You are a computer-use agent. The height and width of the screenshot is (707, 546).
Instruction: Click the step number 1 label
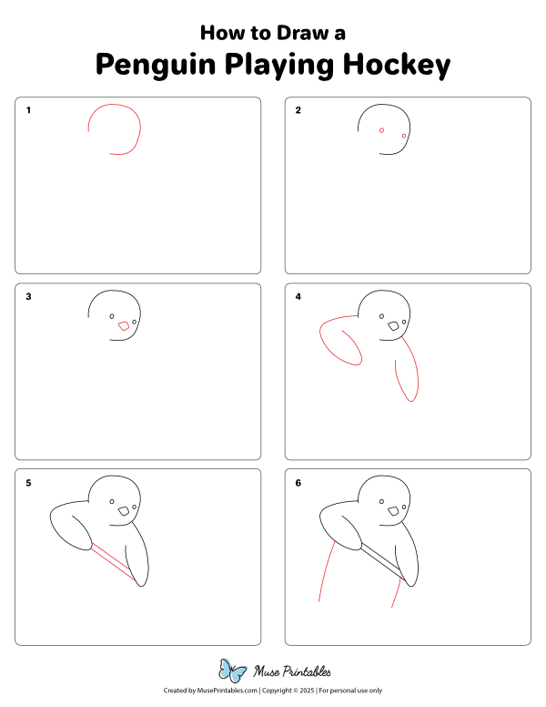tap(29, 111)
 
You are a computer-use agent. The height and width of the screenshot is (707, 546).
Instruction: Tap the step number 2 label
tap(298, 111)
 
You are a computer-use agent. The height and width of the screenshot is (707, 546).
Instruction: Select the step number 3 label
tap(29, 297)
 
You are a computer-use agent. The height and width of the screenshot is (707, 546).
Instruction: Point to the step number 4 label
tap(298, 297)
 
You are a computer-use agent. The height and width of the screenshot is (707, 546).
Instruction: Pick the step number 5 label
tap(29, 483)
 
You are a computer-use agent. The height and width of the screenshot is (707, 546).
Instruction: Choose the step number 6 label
tap(298, 483)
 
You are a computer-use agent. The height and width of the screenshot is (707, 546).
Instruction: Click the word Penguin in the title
tap(149, 66)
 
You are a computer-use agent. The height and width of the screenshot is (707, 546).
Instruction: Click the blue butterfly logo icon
tap(233, 672)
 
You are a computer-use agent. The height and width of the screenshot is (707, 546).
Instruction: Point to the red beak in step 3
tap(124, 326)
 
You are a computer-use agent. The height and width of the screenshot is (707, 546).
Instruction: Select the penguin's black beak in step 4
tap(394, 325)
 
